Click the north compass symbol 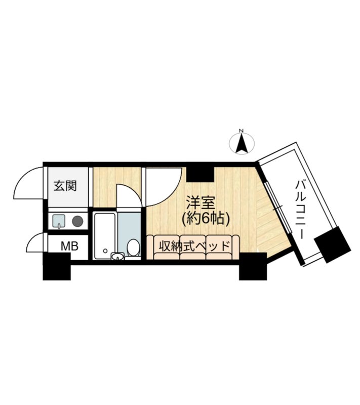242,142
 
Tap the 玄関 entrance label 65,186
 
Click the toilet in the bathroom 133,248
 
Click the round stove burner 77,221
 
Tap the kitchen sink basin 59,221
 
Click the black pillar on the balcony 332,244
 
